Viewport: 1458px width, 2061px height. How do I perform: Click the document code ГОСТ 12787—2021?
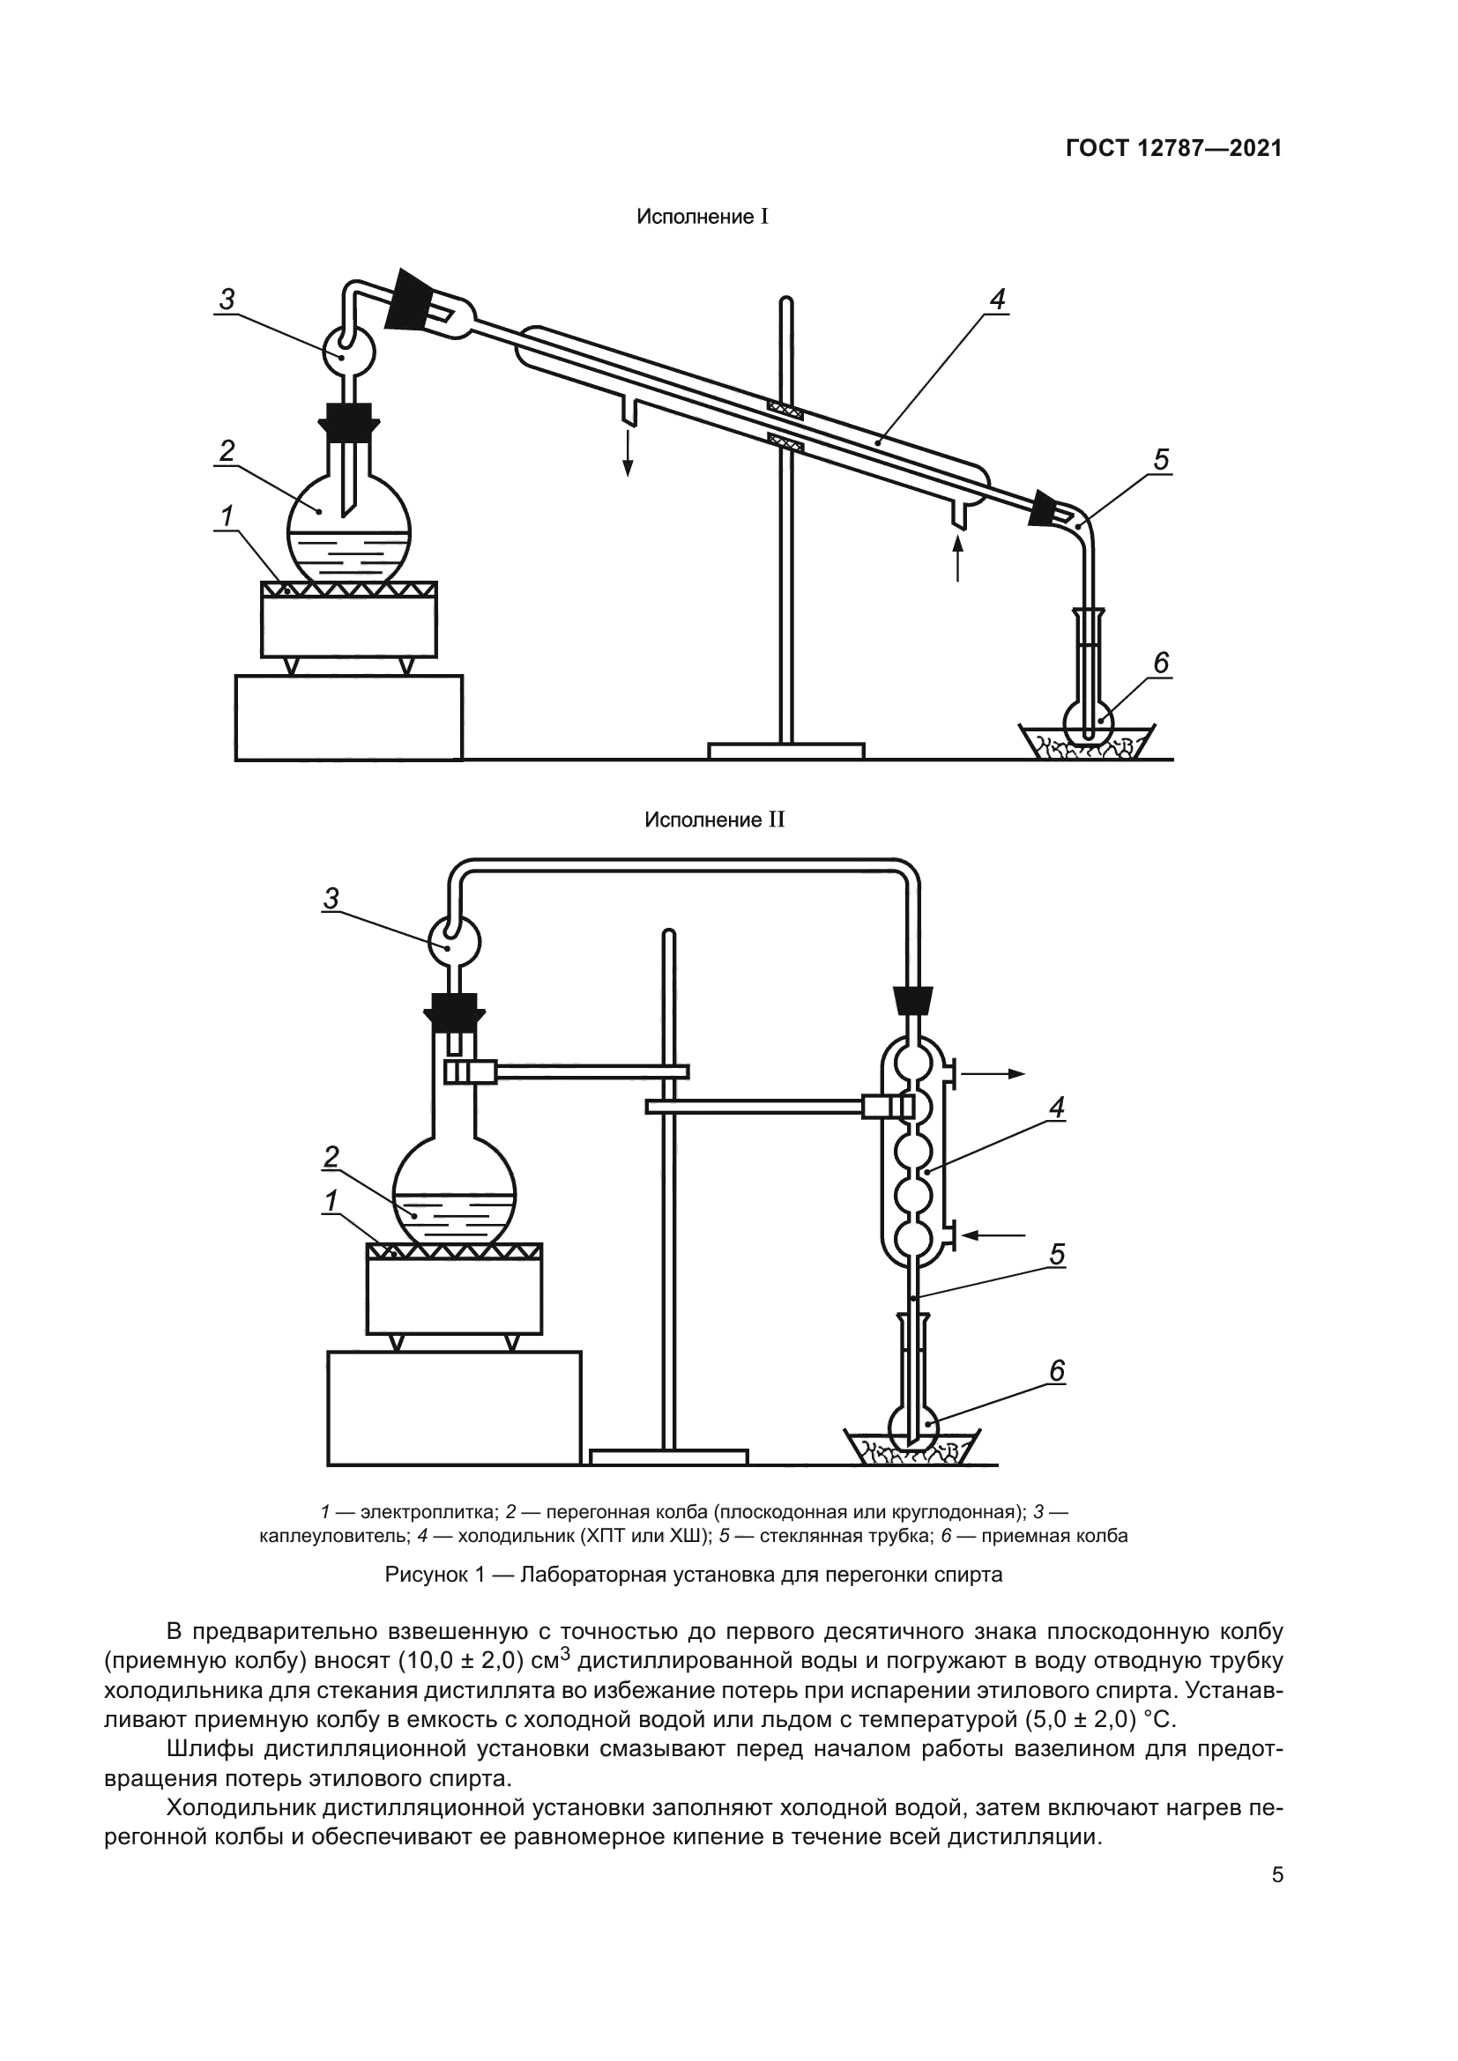pos(1173,148)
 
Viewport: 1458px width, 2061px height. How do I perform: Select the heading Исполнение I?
pos(702,218)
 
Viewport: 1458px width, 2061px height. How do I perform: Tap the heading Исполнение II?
pos(715,820)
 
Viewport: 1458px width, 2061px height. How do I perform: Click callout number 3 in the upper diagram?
pos(227,300)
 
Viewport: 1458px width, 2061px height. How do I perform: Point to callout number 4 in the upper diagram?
pos(998,300)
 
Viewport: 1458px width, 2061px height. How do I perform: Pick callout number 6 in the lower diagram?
pos(1057,1372)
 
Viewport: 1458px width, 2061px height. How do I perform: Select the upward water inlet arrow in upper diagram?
pos(958,557)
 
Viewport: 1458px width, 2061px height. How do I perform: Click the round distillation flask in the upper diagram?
pos(349,530)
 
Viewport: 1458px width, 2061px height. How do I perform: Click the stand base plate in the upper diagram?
pos(785,751)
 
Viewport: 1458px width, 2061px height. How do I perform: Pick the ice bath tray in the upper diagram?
pos(1086,741)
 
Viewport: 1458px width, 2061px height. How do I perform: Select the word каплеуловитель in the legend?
pos(332,1536)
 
